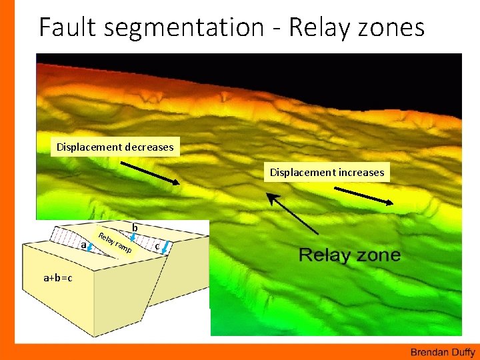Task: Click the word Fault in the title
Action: click(65, 27)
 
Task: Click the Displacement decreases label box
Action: click(115, 147)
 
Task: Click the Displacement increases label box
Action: click(327, 172)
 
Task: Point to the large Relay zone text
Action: click(349, 255)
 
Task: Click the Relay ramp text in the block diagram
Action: click(114, 245)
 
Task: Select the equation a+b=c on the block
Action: click(58, 277)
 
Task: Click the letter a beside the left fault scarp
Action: click(83, 246)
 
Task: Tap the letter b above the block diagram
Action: click(135, 228)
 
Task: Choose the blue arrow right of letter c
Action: click(165, 251)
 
